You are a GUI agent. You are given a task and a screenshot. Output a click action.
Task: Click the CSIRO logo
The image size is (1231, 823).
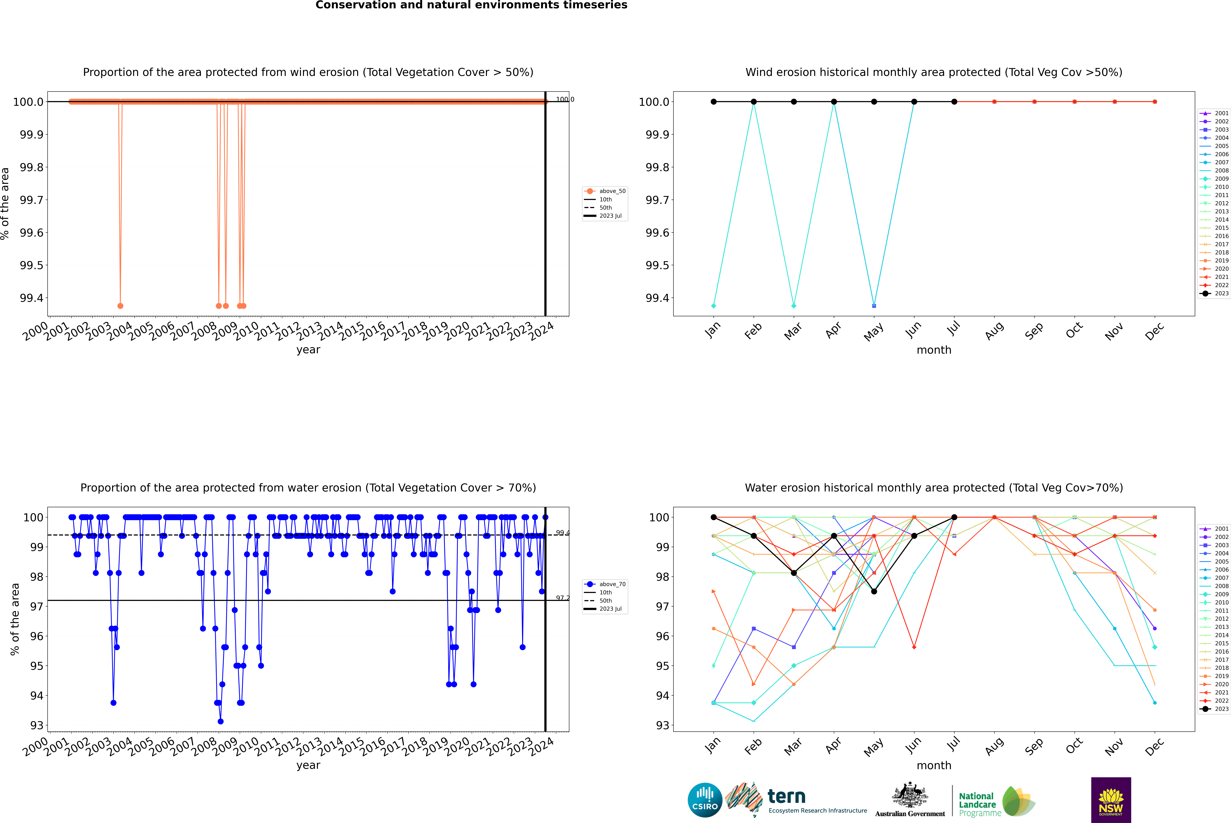click(x=705, y=800)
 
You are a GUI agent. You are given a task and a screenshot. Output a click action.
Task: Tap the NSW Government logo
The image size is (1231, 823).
click(x=1111, y=800)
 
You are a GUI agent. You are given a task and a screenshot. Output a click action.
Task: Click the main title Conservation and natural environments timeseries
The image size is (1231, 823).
click(x=471, y=5)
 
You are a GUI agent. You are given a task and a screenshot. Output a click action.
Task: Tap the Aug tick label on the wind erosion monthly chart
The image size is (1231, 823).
click(x=994, y=331)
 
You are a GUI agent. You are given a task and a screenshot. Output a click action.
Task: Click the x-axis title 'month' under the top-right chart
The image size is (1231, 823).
click(x=934, y=350)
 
